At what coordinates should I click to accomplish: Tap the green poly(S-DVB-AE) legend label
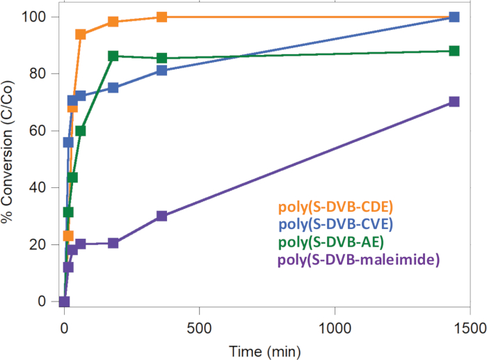click(x=330, y=243)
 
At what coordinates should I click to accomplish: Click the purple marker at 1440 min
click(x=454, y=102)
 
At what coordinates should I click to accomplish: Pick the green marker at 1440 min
click(x=454, y=51)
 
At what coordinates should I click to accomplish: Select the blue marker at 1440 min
click(x=454, y=17)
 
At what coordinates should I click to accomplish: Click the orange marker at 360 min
click(x=162, y=17)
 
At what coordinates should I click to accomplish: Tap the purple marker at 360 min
click(x=162, y=216)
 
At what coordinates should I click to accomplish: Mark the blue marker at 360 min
click(x=162, y=70)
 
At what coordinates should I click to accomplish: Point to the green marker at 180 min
click(x=113, y=56)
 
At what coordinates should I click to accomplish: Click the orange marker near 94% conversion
click(x=81, y=34)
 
